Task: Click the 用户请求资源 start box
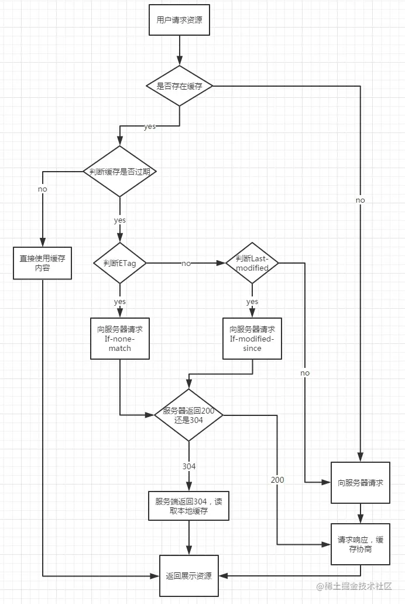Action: point(180,20)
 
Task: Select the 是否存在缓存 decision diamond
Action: point(180,86)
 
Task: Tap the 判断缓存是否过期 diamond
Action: point(120,172)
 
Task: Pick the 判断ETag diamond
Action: point(120,263)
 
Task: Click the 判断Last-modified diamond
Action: point(252,263)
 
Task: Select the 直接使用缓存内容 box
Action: point(42,263)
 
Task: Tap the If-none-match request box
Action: point(120,339)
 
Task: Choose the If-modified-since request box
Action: point(252,339)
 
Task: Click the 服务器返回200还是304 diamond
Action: point(188,415)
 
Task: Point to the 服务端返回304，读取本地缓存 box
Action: point(188,506)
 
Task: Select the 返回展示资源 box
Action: point(189,576)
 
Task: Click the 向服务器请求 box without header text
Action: point(361,483)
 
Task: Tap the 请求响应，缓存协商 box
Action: point(361,544)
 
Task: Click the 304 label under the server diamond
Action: point(189,466)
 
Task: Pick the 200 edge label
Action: point(277,480)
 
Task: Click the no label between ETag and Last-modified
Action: point(186,264)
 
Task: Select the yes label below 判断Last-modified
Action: point(252,302)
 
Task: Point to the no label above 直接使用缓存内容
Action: point(42,189)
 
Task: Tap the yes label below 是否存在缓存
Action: point(149,127)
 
